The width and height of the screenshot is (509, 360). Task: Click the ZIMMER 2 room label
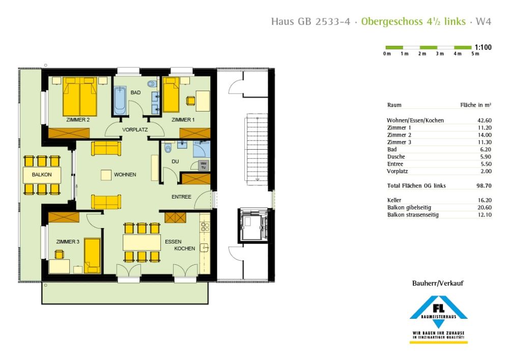click(78, 120)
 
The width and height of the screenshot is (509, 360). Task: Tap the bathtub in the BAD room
click(120, 101)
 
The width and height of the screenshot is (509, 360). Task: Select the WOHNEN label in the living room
click(125, 175)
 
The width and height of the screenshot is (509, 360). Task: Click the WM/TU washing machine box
click(203, 165)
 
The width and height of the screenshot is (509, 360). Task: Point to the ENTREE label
click(181, 197)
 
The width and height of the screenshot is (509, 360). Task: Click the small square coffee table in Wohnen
click(106, 175)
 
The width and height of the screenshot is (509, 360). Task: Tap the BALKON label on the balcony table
click(42, 175)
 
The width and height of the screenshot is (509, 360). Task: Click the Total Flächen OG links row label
click(416, 186)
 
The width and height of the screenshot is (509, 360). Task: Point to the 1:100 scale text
click(483, 47)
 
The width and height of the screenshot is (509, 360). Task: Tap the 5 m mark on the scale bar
click(475, 54)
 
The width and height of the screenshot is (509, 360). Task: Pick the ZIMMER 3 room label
click(68, 241)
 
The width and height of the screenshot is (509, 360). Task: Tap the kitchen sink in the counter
click(205, 248)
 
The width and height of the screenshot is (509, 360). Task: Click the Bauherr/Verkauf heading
click(438, 283)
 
